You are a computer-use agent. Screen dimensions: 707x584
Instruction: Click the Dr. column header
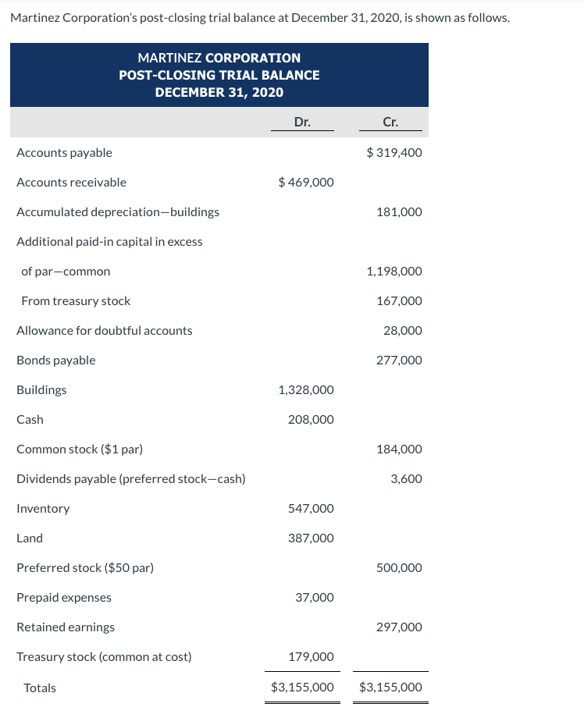tap(302, 122)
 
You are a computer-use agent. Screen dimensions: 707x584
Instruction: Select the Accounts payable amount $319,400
tap(394, 153)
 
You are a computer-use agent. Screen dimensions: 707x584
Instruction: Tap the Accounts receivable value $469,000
tap(306, 183)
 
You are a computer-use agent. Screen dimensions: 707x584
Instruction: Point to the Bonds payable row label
tap(56, 361)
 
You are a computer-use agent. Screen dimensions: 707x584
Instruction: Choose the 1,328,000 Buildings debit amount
tap(306, 390)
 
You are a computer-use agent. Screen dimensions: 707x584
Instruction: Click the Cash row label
tap(30, 420)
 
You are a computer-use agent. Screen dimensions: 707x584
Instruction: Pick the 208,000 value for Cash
tap(311, 420)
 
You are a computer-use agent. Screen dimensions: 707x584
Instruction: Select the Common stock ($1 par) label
tap(80, 449)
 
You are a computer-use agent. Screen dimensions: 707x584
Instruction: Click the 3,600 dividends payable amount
tap(406, 479)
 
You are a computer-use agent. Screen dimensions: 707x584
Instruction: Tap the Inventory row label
tap(43, 509)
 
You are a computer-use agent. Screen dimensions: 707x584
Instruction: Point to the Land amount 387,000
tap(311, 538)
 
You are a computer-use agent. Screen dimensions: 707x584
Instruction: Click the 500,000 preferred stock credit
tap(399, 568)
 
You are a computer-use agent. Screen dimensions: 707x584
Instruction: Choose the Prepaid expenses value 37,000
tap(315, 598)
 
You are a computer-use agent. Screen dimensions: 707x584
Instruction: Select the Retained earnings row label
tap(66, 627)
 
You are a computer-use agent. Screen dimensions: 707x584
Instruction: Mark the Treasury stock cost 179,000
tap(311, 657)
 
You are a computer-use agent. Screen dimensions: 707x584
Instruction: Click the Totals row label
tap(40, 688)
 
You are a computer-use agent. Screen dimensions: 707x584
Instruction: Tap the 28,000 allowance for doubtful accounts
tap(403, 331)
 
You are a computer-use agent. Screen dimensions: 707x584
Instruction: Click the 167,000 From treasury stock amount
tap(399, 301)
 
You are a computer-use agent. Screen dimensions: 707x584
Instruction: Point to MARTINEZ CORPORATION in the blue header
tap(219, 58)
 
